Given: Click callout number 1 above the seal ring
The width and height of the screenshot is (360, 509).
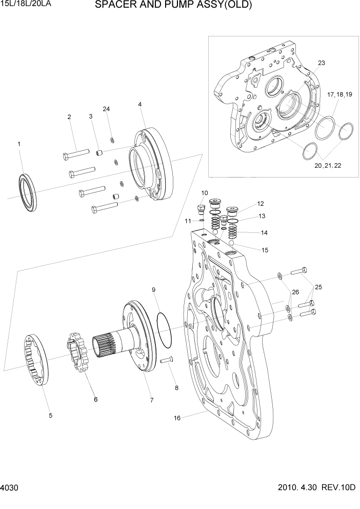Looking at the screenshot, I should [x=19, y=144].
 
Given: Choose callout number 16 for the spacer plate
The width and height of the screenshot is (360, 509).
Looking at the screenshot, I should [x=177, y=418].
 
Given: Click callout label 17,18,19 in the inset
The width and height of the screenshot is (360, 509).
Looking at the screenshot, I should [x=339, y=94].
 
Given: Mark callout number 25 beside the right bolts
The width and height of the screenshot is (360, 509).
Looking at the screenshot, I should [x=318, y=287].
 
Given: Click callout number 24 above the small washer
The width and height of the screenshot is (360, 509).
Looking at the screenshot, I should [x=106, y=109].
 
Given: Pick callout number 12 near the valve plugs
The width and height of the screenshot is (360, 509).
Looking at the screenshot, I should [x=260, y=203].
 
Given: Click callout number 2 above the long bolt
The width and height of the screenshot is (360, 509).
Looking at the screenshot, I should [x=69, y=117].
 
